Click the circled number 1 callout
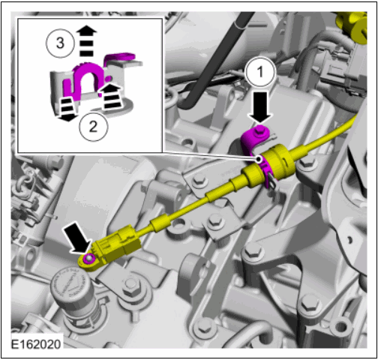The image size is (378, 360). click(x=260, y=72)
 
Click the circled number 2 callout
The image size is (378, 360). click(x=94, y=127)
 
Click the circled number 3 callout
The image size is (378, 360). click(x=60, y=43)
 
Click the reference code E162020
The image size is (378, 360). click(x=36, y=344)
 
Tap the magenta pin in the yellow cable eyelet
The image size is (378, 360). click(x=88, y=259)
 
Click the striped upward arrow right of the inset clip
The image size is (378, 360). click(x=110, y=96)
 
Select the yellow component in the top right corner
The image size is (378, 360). click(x=353, y=27)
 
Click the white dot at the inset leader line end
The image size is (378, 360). click(x=259, y=159)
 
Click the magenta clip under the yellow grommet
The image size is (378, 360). click(x=268, y=172)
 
